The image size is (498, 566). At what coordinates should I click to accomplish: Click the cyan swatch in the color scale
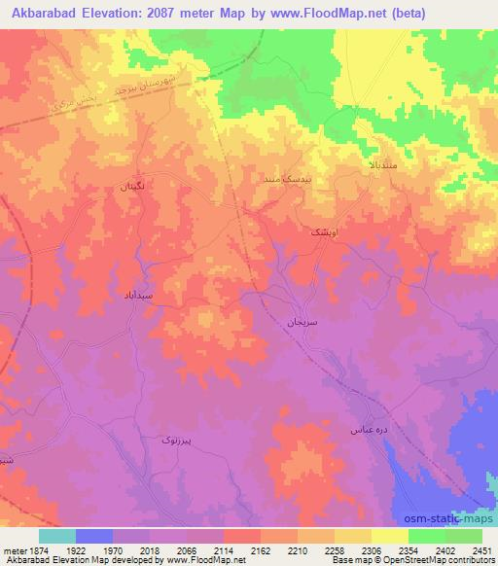57,536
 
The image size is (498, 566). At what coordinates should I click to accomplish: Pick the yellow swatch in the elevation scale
388,536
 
